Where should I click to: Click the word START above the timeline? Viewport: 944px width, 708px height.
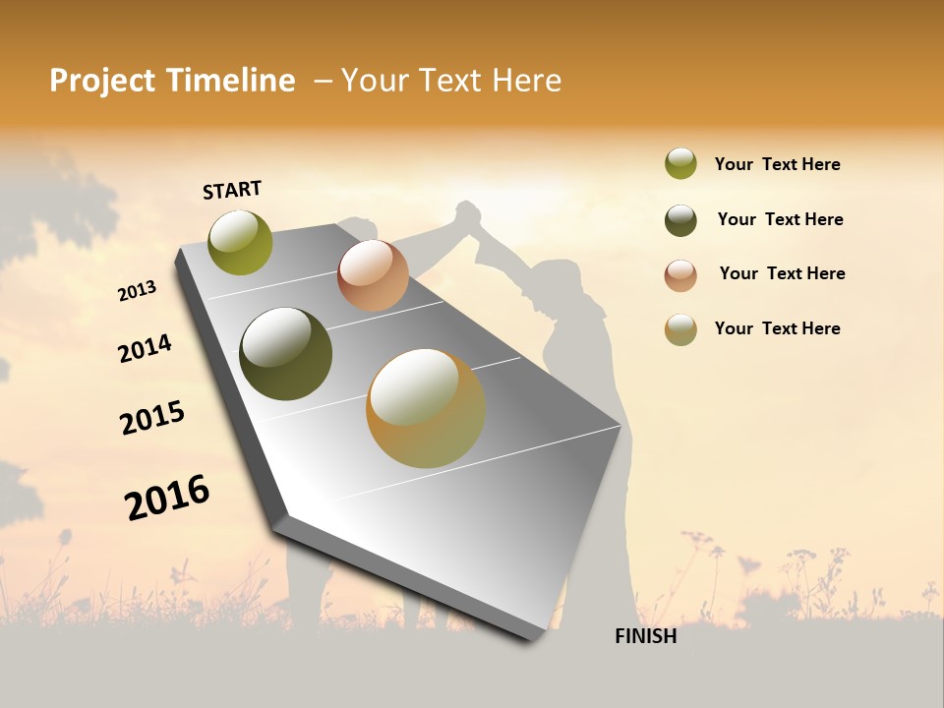pos(232,190)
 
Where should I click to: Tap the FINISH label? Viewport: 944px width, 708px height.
pos(645,636)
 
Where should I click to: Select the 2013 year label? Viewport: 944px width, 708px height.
pos(138,291)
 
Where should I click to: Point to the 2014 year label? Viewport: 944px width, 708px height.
pos(145,349)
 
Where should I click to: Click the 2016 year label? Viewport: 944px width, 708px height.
pos(167,498)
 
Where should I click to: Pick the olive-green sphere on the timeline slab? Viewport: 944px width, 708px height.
pos(241,242)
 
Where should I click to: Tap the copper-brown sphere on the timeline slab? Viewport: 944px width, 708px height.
pos(373,275)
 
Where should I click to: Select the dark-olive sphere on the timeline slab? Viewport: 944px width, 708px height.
pos(285,354)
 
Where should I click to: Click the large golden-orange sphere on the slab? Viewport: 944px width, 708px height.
pos(426,408)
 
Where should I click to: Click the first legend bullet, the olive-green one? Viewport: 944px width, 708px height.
pos(680,164)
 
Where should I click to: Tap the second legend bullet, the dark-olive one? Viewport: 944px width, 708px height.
pos(680,220)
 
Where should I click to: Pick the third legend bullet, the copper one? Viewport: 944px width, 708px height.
pos(680,275)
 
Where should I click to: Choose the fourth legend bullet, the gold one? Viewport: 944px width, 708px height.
pos(680,329)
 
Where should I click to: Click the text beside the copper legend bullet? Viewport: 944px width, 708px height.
pos(782,273)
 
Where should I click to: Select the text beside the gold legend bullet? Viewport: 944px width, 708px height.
pos(777,328)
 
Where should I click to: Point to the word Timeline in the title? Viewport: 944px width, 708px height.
pos(232,81)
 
